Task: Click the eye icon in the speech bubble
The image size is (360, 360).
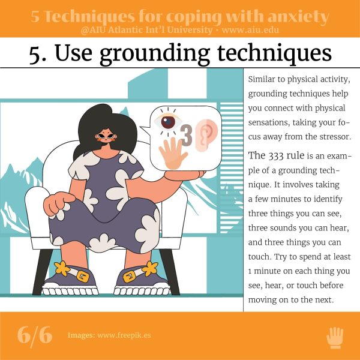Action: pos(168,122)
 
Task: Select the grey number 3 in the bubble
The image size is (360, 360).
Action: pos(186,135)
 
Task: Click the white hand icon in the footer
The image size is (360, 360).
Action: pos(335,338)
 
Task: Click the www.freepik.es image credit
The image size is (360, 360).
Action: pos(124,335)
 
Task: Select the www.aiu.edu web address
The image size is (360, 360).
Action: pos(250,30)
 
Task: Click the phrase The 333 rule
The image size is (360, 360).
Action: pos(276,155)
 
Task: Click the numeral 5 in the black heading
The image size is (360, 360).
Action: pos(35,54)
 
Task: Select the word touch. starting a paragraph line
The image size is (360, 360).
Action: pos(260,257)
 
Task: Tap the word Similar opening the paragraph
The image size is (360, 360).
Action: pos(262,79)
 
